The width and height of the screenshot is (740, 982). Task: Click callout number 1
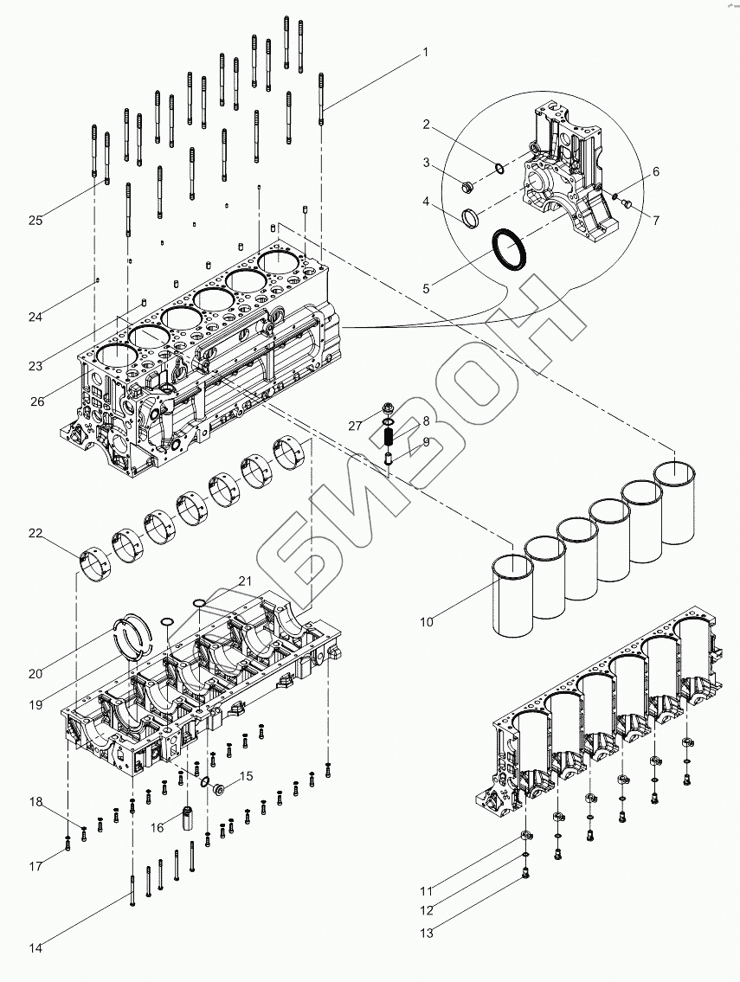[425, 53]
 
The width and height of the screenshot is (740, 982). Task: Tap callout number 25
[35, 221]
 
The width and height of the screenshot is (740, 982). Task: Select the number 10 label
[427, 620]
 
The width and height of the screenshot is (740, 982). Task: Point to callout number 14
[35, 948]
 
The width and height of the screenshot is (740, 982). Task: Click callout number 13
[427, 933]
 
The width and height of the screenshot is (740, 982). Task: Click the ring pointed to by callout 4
[471, 216]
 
